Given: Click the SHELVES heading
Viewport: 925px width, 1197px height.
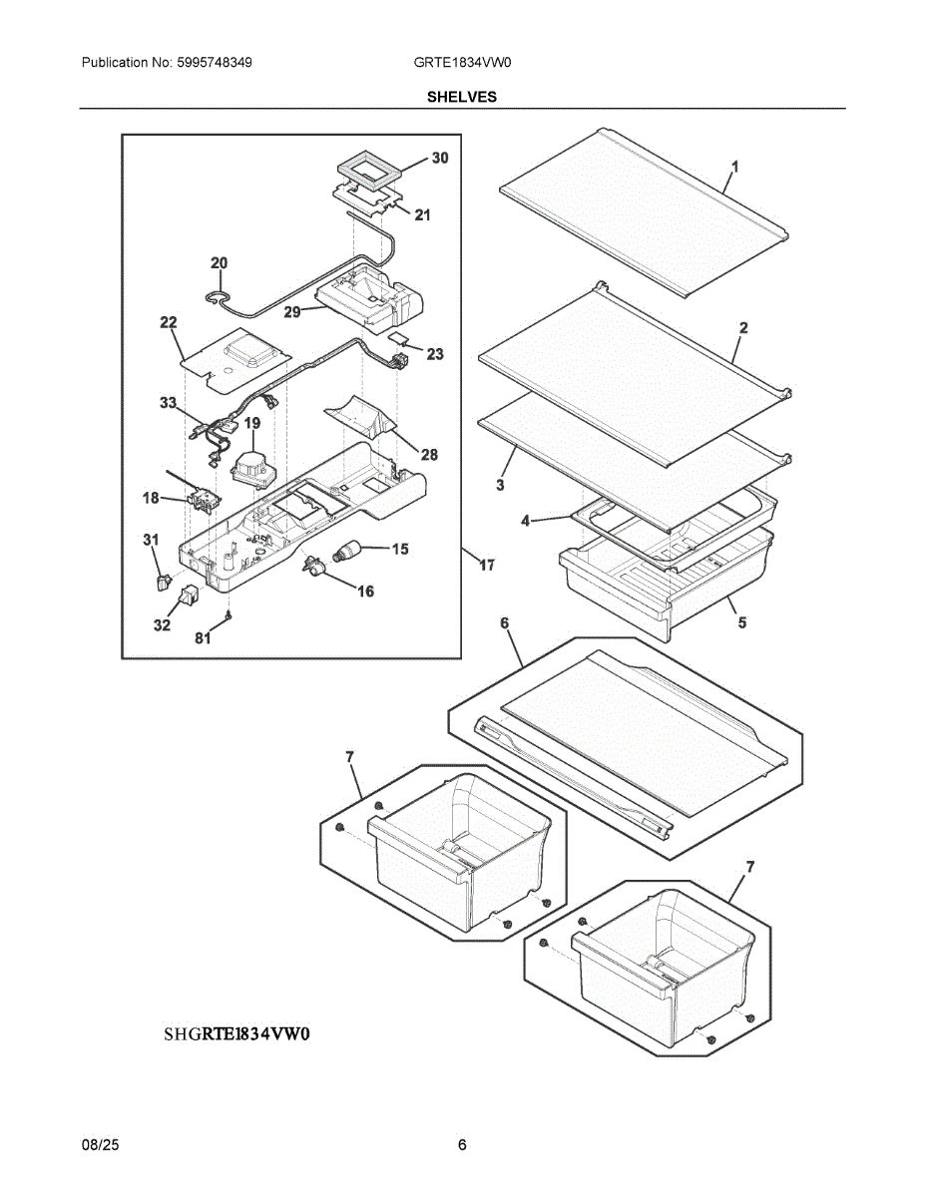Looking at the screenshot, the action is coord(462,97).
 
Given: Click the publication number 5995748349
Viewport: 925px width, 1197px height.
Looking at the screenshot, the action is coord(215,63).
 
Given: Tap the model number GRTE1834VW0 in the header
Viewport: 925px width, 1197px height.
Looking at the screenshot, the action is coord(462,63).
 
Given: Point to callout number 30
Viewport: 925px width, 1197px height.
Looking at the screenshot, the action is coord(440,158).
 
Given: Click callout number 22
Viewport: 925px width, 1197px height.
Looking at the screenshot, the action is coord(169,322).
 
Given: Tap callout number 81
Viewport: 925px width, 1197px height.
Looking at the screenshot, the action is coord(203,637).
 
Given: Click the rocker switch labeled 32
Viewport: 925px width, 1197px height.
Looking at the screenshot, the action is coord(190,595).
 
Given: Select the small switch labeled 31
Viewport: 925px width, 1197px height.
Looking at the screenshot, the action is coord(164,582).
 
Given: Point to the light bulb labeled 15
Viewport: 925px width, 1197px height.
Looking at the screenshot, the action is coord(346,551).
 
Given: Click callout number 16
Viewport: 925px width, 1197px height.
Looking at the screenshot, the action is coord(366,592).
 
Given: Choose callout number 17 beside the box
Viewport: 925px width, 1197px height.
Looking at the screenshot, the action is coord(487,566).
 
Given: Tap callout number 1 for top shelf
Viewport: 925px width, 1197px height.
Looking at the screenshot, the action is coord(735,167).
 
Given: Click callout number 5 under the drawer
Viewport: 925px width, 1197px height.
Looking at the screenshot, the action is coord(742,623).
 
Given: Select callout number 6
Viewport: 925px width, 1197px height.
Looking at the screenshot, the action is coord(504,623).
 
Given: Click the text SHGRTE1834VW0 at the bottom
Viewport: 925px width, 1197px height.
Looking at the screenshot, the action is coord(236,1033).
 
